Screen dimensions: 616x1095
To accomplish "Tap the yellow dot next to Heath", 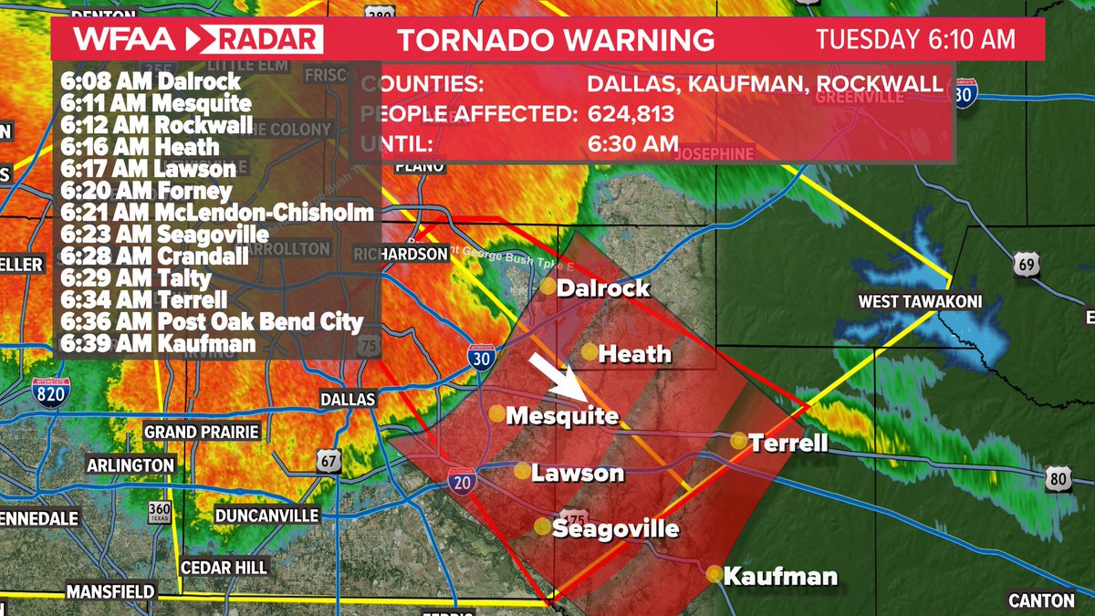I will [x=590, y=352].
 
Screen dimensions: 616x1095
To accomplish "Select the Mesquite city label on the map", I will [x=561, y=416].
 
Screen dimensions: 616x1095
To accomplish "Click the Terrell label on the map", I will [x=788, y=444].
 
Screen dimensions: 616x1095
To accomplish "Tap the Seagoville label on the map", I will [x=616, y=528].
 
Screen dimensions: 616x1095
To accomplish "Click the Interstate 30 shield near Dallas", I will [x=482, y=358].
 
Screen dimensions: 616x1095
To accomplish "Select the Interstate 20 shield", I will [x=462, y=481].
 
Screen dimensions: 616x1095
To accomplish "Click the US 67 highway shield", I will [x=329, y=461].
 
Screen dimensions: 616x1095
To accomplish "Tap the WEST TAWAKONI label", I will [x=919, y=302].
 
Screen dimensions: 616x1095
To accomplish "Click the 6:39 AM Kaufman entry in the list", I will [x=159, y=344].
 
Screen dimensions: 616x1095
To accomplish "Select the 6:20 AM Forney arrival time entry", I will [x=146, y=192].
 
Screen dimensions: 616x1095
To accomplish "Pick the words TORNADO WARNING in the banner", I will [x=556, y=40].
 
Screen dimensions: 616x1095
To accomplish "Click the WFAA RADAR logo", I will [x=198, y=40].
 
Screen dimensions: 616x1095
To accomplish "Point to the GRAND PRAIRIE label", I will [x=202, y=432].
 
